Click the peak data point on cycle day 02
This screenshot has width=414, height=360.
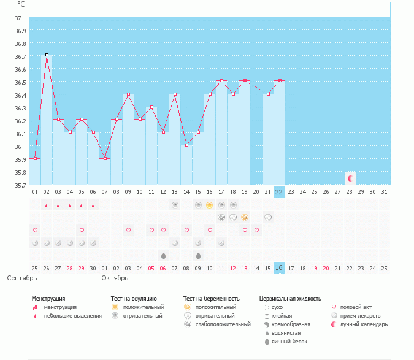47,55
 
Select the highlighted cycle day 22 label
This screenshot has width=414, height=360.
279,192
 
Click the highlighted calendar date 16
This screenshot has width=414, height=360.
279,268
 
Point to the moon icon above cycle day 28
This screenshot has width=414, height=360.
350,178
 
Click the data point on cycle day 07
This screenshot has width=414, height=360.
105,158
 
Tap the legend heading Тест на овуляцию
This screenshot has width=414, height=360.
129,299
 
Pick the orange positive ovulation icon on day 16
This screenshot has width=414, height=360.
209,205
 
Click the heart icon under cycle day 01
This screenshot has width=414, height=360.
35,230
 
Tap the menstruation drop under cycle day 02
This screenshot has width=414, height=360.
47,205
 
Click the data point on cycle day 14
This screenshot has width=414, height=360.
186,145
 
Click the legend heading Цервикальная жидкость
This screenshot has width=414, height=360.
290,299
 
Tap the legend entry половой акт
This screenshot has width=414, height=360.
356,307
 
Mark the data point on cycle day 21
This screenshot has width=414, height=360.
268,94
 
